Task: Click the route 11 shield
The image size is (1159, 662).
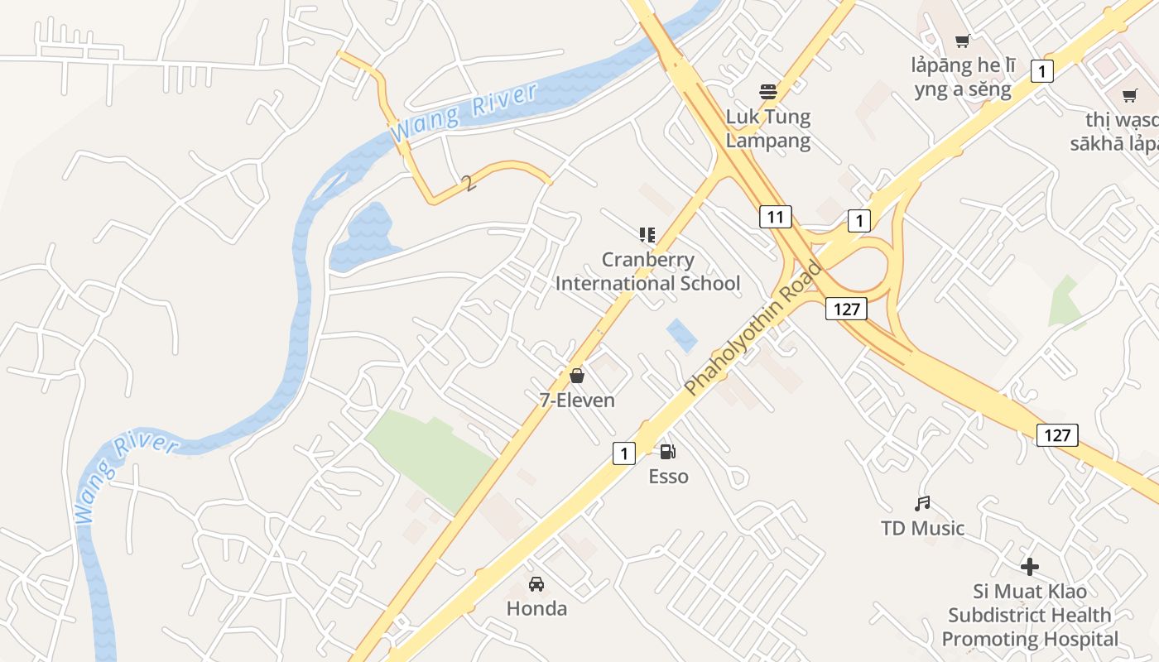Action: click(x=775, y=218)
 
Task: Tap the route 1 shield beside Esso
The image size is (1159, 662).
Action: click(x=624, y=453)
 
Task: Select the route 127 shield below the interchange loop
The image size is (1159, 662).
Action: click(x=845, y=309)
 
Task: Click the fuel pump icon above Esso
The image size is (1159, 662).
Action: click(x=667, y=452)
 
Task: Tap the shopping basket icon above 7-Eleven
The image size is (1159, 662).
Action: click(x=577, y=377)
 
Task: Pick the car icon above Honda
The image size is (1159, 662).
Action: click(x=536, y=583)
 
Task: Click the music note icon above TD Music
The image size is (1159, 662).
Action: click(x=922, y=503)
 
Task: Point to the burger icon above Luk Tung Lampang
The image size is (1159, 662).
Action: click(x=768, y=91)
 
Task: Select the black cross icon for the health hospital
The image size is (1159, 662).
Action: click(x=1029, y=567)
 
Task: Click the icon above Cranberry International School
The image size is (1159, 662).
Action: click(x=647, y=235)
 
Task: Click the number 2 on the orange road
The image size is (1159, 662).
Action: click(x=470, y=184)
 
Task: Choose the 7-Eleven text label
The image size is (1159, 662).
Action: click(x=577, y=401)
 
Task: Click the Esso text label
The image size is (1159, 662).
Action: click(x=668, y=477)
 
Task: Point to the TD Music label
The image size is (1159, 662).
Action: click(x=923, y=528)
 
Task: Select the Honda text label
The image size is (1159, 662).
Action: click(x=536, y=609)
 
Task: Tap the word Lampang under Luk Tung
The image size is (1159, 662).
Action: click(x=768, y=141)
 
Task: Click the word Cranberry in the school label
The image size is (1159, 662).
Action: click(x=647, y=260)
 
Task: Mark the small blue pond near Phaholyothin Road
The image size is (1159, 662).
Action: click(x=681, y=335)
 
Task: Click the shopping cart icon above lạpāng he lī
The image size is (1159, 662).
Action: click(x=962, y=41)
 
